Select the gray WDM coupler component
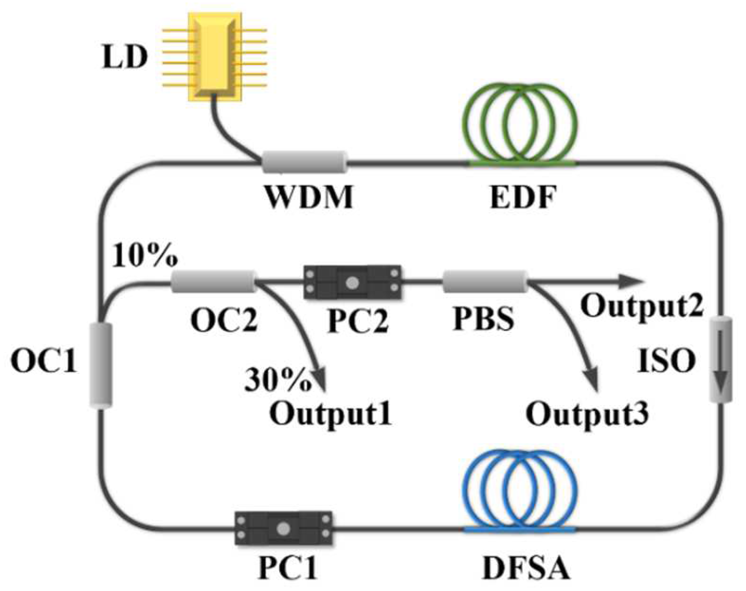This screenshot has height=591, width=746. [x=304, y=162]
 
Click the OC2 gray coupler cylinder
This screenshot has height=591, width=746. [x=213, y=281]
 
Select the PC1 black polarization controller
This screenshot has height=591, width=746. [x=284, y=528]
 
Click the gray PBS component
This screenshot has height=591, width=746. [x=485, y=281]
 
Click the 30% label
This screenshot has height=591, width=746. [x=277, y=380]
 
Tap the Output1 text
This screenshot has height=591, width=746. [x=331, y=414]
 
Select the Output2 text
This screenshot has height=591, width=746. [x=641, y=305]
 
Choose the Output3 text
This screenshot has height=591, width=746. [x=587, y=414]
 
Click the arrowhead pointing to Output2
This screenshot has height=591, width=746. [x=632, y=281]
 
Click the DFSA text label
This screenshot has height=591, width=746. [x=526, y=568]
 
